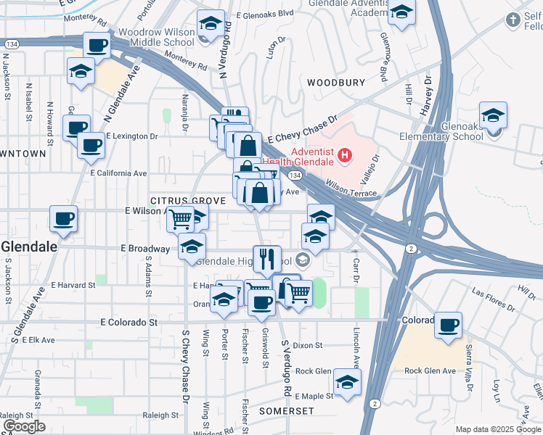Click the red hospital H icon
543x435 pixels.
(346, 155)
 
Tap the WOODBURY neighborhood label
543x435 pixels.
(335, 83)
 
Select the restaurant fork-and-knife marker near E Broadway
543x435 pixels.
(267, 259)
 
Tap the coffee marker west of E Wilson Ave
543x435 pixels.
(63, 218)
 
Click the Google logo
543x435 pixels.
(24, 426)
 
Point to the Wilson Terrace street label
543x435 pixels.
(351, 192)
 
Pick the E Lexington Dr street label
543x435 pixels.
(131, 136)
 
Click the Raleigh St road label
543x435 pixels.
(162, 416)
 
